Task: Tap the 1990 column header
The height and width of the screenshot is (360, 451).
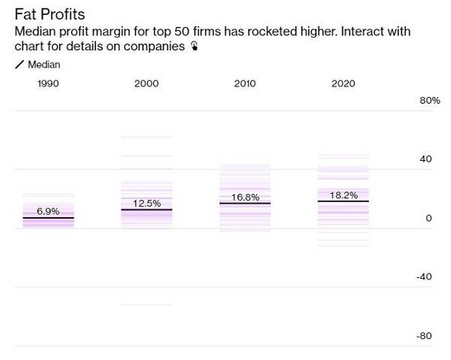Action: (x=48, y=83)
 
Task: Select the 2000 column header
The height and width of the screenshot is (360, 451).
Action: (x=147, y=83)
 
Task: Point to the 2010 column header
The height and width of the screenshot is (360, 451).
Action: (x=245, y=83)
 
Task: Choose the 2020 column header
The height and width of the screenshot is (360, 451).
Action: (x=343, y=83)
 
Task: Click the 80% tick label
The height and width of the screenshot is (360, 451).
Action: (x=429, y=101)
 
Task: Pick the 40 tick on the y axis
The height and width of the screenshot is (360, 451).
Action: (x=425, y=159)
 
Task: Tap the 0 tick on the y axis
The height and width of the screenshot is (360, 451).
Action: (x=429, y=218)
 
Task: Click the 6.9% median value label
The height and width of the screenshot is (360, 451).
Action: (x=48, y=211)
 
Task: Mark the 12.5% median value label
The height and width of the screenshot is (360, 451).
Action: (x=147, y=203)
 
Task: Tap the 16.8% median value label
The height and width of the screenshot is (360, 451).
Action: (x=245, y=197)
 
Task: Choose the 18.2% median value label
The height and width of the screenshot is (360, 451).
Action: (x=343, y=195)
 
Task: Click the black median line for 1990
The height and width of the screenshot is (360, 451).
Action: (x=48, y=218)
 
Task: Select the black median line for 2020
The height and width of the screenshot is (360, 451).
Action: (x=343, y=201)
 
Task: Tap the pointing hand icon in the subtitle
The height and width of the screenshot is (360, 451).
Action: (x=194, y=47)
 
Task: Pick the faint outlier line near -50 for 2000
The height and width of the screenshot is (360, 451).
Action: (x=147, y=304)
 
